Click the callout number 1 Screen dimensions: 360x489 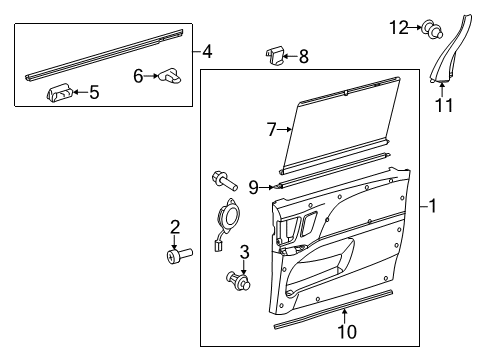[x=433, y=207]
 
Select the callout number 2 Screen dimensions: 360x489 [x=174, y=226]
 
